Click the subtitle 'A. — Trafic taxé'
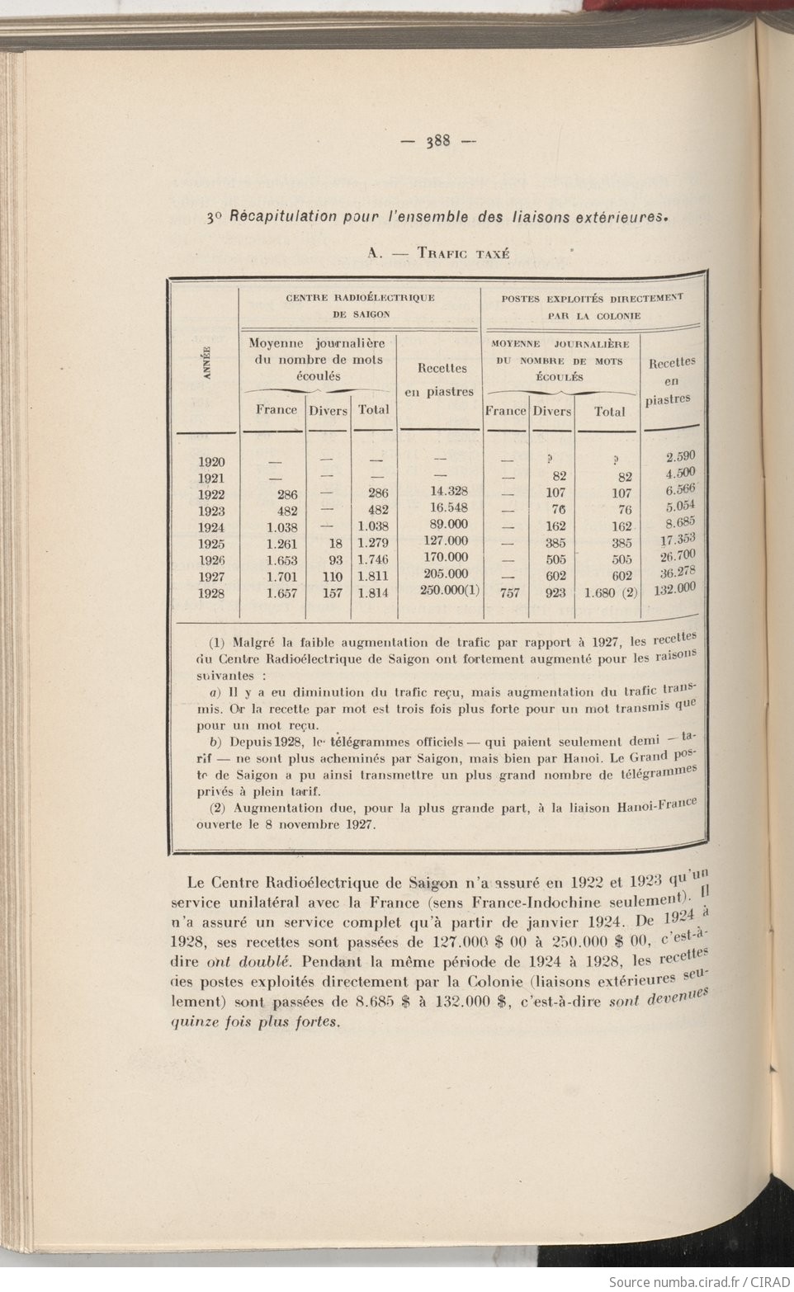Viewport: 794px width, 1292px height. [437, 253]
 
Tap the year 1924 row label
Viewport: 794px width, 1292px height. [211, 527]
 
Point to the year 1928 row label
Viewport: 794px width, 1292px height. [211, 593]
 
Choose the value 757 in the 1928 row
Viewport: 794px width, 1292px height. [510, 592]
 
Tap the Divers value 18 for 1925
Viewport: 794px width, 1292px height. [334, 543]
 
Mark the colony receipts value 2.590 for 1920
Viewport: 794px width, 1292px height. [680, 456]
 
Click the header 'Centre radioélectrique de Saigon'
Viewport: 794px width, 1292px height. [360, 305]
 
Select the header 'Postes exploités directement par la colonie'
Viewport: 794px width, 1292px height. [593, 305]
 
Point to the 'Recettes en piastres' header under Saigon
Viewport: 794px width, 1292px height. [442, 380]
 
